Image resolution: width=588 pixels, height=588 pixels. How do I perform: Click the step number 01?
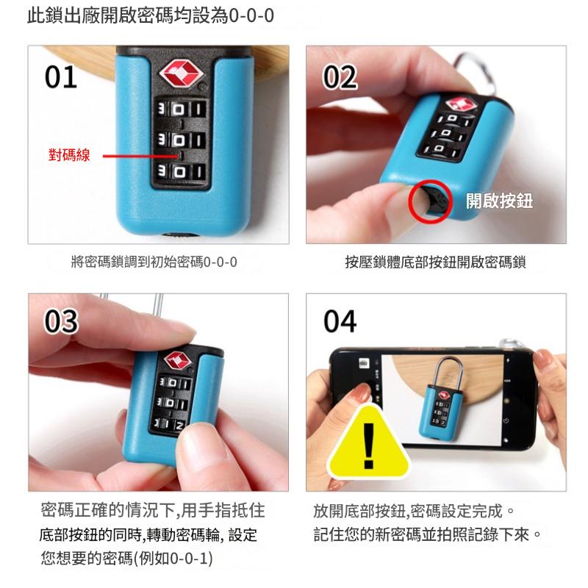pos(61,77)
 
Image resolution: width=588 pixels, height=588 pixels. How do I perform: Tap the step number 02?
pos(340,77)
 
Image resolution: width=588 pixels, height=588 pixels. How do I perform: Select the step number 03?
pos(61,321)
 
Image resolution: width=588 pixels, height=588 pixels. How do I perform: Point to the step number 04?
pos(340,321)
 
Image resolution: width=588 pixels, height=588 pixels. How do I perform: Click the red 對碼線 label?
pos(69,155)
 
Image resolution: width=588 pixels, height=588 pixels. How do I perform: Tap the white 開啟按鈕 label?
pos(499,201)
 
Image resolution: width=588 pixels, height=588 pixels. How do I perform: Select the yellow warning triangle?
pos(369,442)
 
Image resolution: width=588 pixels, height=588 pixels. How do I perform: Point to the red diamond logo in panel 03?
pos(177,361)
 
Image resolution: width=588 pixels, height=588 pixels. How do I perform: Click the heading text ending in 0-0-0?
pos(151,16)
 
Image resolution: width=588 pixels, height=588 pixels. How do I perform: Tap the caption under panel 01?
pos(154,262)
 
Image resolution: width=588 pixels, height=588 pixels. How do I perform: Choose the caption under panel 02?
pos(435,262)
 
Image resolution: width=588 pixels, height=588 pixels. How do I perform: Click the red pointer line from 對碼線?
pos(140,156)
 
